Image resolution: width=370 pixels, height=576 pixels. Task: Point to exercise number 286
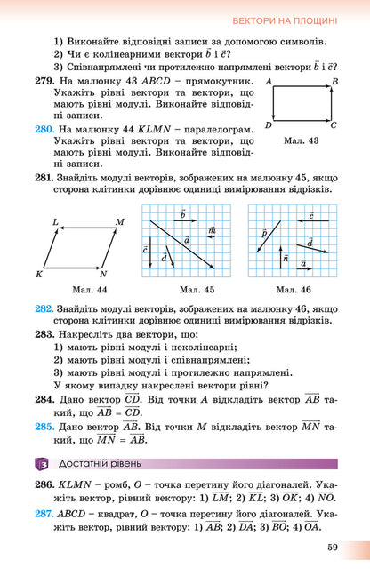pyautogui.click(x=44, y=487)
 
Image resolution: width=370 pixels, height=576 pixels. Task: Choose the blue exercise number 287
pyautogui.click(x=44, y=516)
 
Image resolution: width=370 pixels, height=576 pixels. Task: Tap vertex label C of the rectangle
pyautogui.click(x=334, y=125)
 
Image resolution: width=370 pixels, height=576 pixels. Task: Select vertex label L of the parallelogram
pyautogui.click(x=55, y=221)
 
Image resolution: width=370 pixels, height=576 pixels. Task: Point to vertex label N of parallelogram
pyautogui.click(x=103, y=275)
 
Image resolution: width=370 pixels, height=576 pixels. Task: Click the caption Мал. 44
pyautogui.click(x=90, y=290)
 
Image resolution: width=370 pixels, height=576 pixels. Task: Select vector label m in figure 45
pyautogui.click(x=212, y=230)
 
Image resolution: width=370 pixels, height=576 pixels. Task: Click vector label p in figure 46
pyautogui.click(x=264, y=232)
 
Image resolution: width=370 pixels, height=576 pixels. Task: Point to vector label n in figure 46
pyautogui.click(x=286, y=258)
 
